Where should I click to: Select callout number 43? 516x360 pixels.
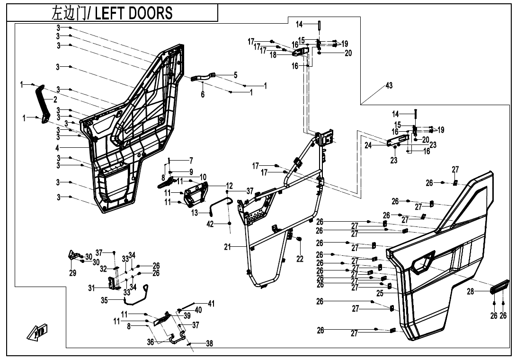(x=389, y=85)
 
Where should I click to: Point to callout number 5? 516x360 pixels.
(x=235, y=75)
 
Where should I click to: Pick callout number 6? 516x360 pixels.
(x=203, y=95)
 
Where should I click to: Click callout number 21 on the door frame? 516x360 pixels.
(x=227, y=247)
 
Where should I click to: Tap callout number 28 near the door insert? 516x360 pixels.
(x=470, y=292)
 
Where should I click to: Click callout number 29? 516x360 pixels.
(x=72, y=273)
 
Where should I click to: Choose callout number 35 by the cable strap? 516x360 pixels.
(x=104, y=300)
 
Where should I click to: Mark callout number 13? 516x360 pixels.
(x=195, y=213)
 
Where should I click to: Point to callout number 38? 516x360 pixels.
(x=209, y=344)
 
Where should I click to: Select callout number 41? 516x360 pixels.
(x=211, y=304)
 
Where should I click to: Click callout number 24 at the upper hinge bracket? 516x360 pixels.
(x=368, y=145)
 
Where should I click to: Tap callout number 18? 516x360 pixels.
(x=273, y=55)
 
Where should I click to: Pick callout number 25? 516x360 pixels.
(x=380, y=294)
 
